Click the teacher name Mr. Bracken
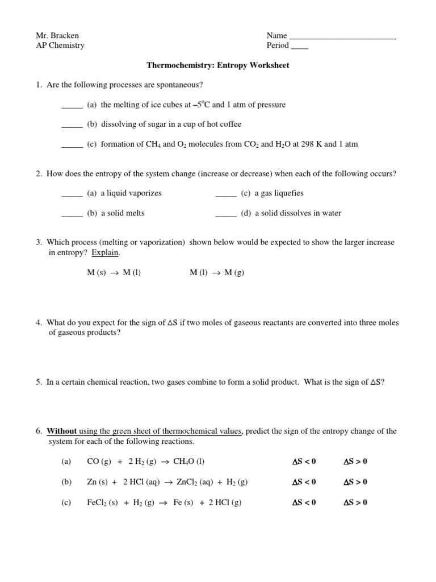[57, 35]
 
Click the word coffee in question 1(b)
[230, 124]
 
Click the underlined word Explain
[106, 252]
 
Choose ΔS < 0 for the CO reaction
[304, 462]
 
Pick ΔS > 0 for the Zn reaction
[355, 482]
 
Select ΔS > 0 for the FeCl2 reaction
[355, 502]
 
